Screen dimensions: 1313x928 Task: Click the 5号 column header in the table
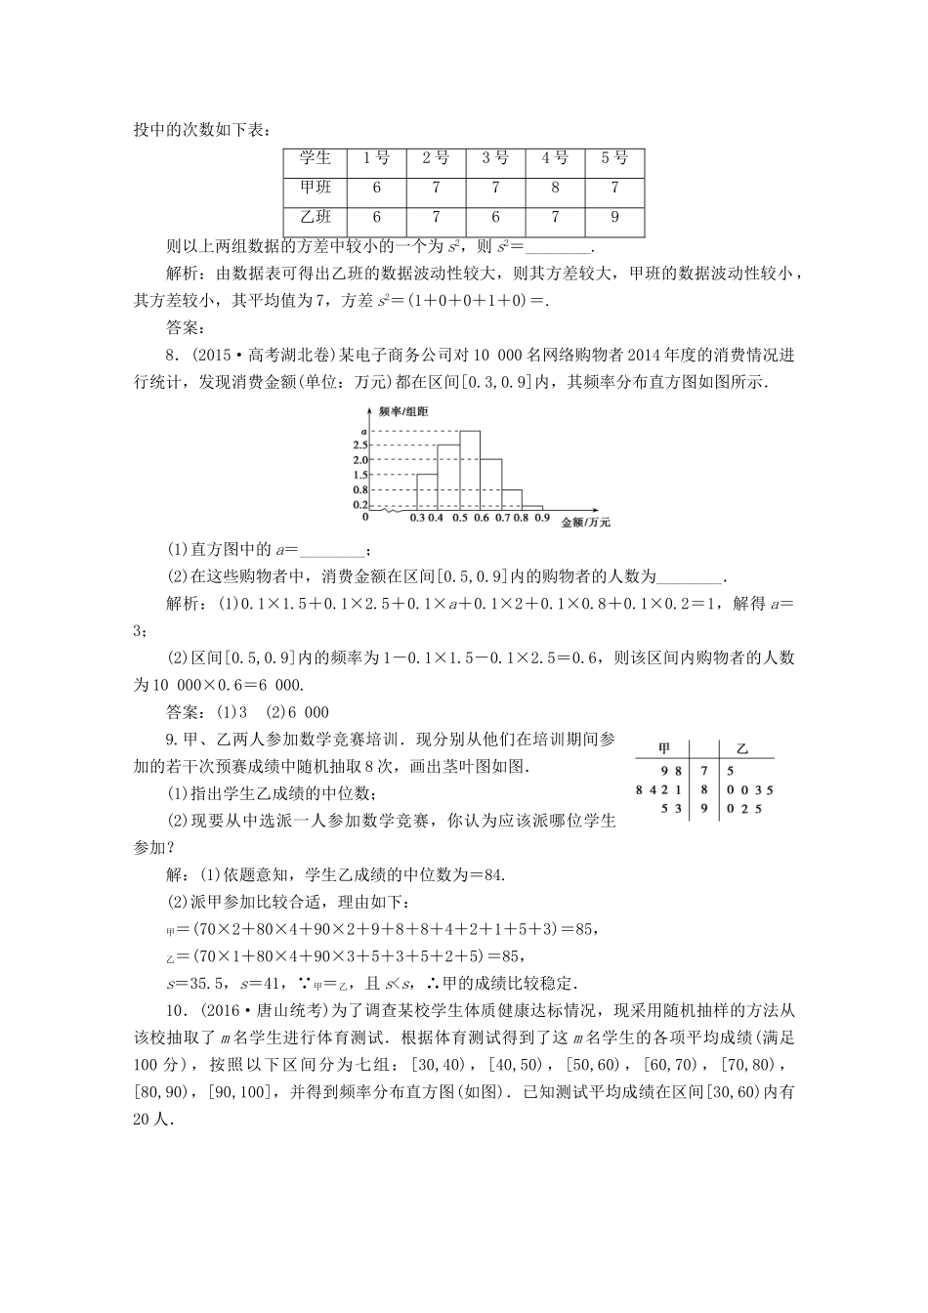tap(614, 159)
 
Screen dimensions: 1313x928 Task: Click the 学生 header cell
tap(316, 159)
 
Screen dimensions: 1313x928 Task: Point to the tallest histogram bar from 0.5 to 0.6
tap(470, 469)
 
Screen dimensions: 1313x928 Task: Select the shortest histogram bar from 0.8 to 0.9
tap(532, 508)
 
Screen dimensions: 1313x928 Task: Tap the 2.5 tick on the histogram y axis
tap(359, 445)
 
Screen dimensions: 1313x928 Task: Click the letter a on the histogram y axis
tap(363, 432)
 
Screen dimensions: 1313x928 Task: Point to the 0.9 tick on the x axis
tap(542, 518)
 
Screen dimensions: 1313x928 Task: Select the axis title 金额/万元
tap(585, 523)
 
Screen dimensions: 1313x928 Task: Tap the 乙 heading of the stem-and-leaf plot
tap(741, 748)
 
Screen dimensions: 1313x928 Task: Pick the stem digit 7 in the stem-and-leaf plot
tap(702, 770)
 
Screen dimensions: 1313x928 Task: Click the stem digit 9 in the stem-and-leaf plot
tap(702, 809)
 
